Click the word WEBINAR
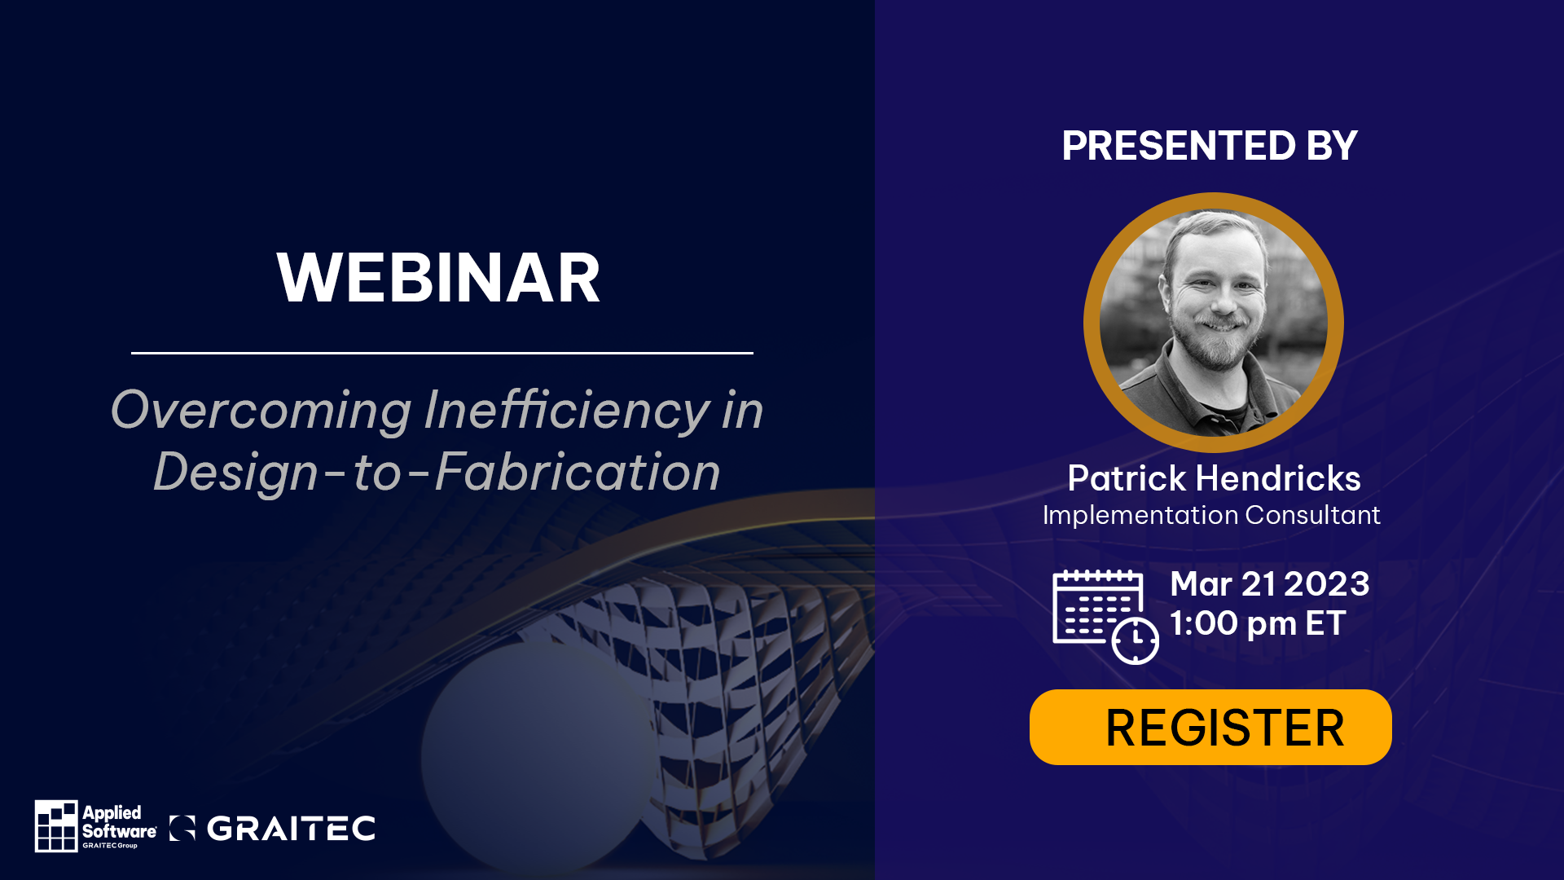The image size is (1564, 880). pos(438,278)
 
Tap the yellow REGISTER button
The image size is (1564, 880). pos(1210,727)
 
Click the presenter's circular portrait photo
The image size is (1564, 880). pos(1214,323)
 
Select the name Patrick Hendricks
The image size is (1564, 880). pos(1214,478)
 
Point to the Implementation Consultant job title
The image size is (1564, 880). pos(1211,515)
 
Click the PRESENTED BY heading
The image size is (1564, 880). pos(1210,146)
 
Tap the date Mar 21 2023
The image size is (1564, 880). pos(1270,584)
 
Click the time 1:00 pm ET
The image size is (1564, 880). pos(1258,623)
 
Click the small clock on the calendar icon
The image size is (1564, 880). pos(1136,641)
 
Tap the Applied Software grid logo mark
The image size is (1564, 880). pos(56,825)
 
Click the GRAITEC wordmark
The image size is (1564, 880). pos(291,829)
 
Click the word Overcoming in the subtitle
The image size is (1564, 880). pos(261,411)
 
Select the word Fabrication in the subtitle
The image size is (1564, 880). pos(578,472)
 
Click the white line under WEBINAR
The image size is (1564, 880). pos(442,353)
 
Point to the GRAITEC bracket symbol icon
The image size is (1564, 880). pos(182,828)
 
